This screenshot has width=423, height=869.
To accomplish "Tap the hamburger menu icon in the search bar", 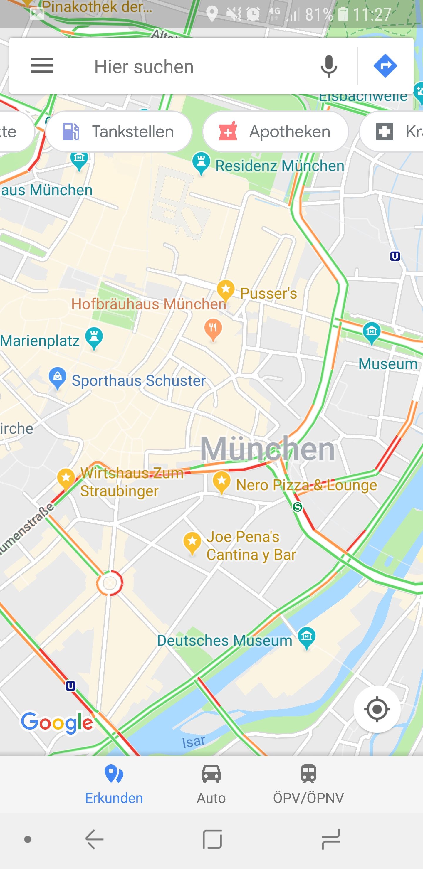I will pyautogui.click(x=42, y=65).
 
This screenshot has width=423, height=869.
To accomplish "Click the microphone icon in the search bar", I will pyautogui.click(x=328, y=66).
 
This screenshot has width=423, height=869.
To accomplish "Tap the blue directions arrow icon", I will pyautogui.click(x=385, y=66).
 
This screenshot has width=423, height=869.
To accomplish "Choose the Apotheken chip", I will pyautogui.click(x=275, y=132).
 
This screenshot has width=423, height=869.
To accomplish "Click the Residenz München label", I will pyautogui.click(x=280, y=166).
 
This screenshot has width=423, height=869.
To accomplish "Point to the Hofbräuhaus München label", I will pyautogui.click(x=149, y=304).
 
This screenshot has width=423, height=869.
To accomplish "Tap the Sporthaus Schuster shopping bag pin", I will pyautogui.click(x=57, y=377).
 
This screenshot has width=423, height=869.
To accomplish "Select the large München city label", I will pyautogui.click(x=267, y=449).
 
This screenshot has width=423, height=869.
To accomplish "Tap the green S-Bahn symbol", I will pyautogui.click(x=297, y=507).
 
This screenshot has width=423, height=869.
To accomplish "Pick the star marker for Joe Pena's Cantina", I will pyautogui.click(x=192, y=542).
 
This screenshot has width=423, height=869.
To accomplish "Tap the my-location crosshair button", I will pyautogui.click(x=377, y=709).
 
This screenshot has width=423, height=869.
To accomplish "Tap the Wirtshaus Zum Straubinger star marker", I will pyautogui.click(x=66, y=478).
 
